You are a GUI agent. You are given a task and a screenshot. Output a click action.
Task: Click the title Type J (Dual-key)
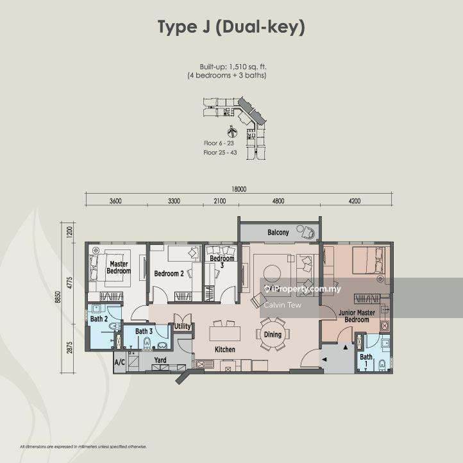click(231, 27)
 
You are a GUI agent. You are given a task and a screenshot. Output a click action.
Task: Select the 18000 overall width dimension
click(239, 189)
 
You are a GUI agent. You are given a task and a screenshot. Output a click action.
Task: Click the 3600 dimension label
click(115, 201)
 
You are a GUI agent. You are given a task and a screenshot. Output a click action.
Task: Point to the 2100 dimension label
click(220, 201)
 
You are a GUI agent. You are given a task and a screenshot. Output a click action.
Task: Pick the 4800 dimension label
click(278, 201)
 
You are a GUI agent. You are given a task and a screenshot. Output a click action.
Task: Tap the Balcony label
click(278, 232)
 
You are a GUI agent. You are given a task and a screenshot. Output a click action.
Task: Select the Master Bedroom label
click(119, 267)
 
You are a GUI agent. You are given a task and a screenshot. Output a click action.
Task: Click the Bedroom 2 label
click(169, 274)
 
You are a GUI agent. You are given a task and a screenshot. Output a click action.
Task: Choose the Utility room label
click(183, 326)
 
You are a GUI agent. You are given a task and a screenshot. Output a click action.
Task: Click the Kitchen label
click(224, 349)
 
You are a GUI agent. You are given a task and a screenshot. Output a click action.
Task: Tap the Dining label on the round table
click(273, 334)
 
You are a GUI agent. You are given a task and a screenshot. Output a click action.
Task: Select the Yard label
click(160, 360)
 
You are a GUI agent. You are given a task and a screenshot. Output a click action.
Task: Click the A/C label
click(119, 362)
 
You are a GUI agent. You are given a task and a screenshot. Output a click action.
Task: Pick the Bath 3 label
click(144, 331)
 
